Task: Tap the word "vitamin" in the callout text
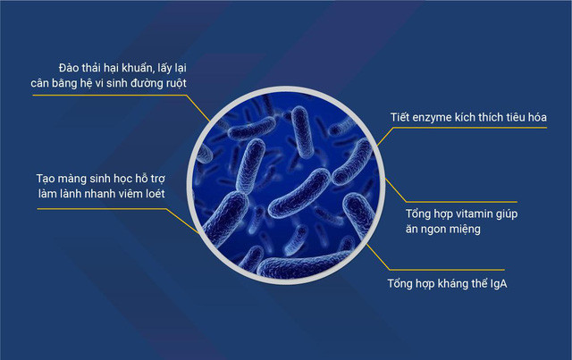tap(483, 214)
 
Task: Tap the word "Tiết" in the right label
tap(403, 118)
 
